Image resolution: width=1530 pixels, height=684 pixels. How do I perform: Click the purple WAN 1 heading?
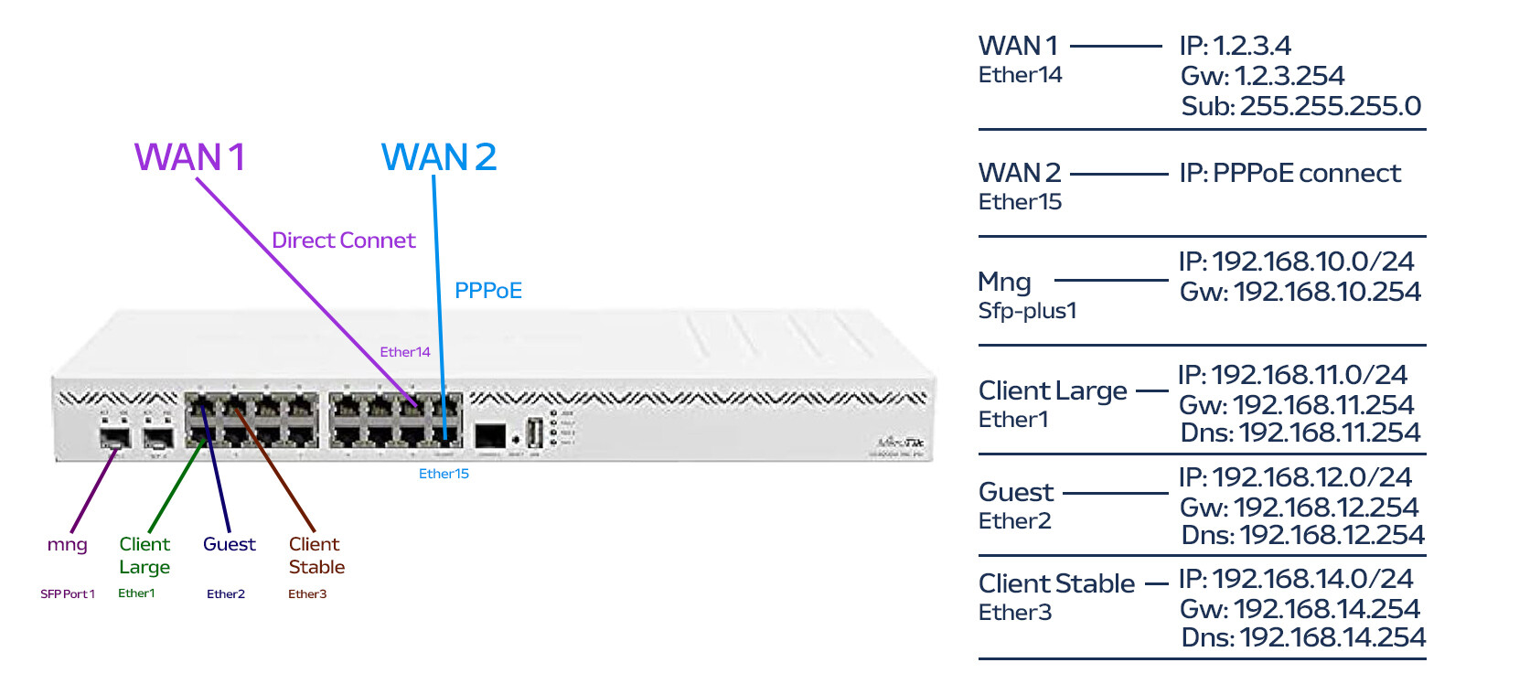click(x=189, y=157)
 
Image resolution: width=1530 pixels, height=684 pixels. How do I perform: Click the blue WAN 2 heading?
click(x=439, y=157)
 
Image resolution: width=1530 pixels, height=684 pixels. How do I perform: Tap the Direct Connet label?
click(x=343, y=240)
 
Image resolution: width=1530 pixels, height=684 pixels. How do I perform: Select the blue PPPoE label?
click(x=488, y=291)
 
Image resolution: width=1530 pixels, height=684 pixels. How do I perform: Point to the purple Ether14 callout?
click(x=405, y=352)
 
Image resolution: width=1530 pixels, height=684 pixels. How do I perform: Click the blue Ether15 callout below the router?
click(x=444, y=474)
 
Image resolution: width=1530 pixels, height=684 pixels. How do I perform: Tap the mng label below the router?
click(x=68, y=545)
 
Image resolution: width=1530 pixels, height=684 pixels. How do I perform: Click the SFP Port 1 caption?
click(x=68, y=594)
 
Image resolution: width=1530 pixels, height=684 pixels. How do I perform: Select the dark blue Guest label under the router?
click(x=230, y=544)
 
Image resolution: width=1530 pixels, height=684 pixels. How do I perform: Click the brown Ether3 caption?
click(x=307, y=594)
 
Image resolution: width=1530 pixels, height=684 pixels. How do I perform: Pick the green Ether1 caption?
click(x=136, y=593)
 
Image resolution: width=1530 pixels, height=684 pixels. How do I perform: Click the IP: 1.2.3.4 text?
click(x=1235, y=46)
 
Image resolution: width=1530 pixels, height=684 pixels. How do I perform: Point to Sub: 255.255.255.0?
click(x=1300, y=106)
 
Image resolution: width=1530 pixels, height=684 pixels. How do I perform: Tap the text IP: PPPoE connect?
click(x=1289, y=173)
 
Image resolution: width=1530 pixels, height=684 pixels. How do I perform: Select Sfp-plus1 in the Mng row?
click(x=1027, y=311)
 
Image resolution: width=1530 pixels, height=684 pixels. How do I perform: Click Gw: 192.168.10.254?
click(x=1300, y=292)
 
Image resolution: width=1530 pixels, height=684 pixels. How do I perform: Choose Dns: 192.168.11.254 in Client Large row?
click(x=1300, y=433)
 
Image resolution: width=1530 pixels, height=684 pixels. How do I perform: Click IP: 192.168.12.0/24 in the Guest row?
click(x=1295, y=477)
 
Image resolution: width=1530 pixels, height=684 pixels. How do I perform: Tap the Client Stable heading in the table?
click(x=1056, y=583)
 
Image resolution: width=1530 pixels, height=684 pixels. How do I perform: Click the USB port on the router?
click(x=535, y=433)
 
